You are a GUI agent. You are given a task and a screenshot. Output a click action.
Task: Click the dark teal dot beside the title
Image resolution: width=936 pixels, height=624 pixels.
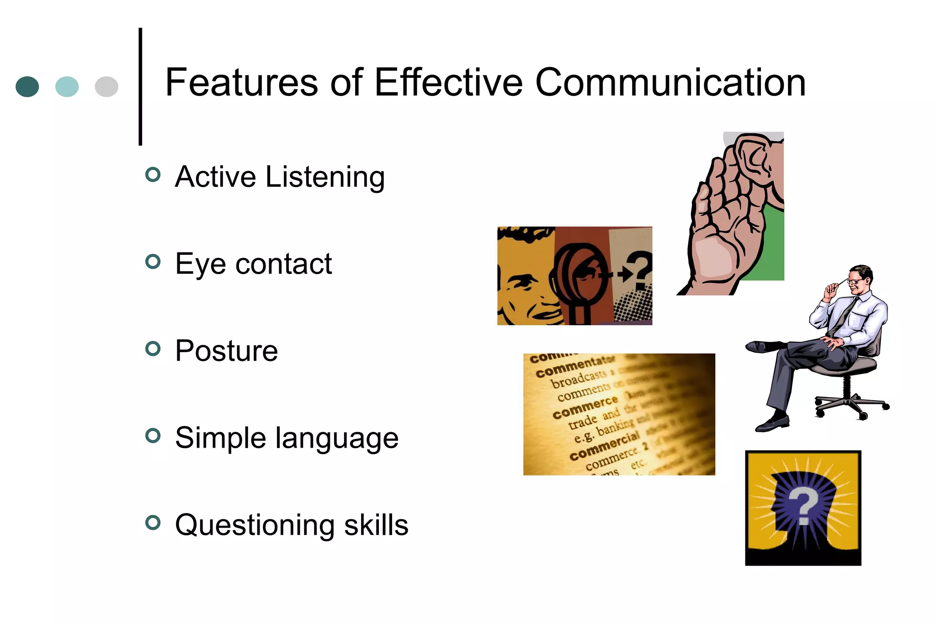pos(27,86)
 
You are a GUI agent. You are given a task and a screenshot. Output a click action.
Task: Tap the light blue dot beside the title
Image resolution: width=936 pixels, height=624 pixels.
pos(67,86)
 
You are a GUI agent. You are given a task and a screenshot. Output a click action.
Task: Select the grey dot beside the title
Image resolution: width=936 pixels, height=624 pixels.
pos(106,86)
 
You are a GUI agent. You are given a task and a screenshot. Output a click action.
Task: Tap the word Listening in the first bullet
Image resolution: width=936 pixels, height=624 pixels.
pos(325,177)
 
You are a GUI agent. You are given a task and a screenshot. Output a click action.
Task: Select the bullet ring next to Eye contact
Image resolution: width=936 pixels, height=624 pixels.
pos(153,262)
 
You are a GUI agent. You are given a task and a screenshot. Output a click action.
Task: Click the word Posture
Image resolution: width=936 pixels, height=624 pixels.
pos(227,351)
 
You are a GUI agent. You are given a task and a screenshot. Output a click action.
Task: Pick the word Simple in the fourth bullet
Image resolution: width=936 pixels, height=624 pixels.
pos(220,438)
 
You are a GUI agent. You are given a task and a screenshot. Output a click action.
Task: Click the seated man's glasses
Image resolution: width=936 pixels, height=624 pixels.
pos(855,280)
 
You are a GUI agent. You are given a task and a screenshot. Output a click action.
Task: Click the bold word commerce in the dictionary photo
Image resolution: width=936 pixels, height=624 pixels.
pos(585,407)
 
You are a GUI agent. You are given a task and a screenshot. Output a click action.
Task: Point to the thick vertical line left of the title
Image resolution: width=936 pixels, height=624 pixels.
pos(140,87)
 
